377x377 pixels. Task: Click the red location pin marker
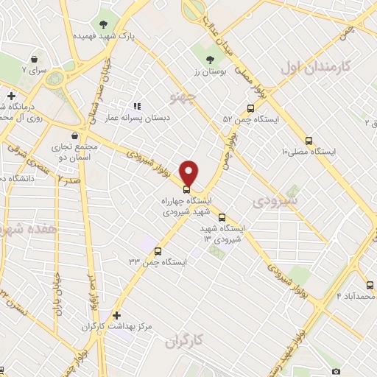click(x=189, y=172)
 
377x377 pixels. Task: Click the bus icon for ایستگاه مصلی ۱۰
click(x=308, y=141)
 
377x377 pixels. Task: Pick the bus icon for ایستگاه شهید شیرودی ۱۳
click(x=222, y=217)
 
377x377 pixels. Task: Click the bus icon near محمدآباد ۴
click(x=369, y=284)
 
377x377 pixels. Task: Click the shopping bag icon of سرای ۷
click(x=34, y=57)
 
